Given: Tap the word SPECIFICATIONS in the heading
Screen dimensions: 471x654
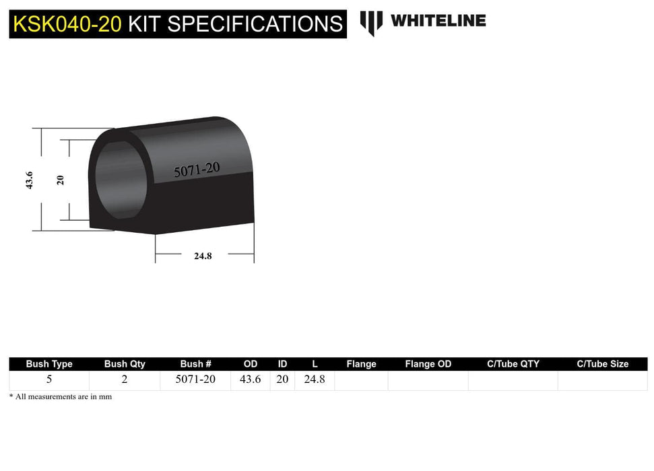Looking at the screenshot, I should tap(255, 24).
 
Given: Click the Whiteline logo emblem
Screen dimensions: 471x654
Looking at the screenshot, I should tap(371, 22).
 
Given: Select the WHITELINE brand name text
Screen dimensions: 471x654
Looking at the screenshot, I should tap(438, 21).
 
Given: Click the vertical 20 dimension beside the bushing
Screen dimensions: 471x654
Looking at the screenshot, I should tap(60, 180).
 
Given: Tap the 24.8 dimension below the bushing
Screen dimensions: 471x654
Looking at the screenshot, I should tap(202, 256).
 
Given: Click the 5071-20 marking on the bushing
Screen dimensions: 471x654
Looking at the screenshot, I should tap(197, 170).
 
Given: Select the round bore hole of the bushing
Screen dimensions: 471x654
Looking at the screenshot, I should tap(121, 180).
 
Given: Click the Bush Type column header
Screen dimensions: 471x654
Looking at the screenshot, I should tap(49, 364).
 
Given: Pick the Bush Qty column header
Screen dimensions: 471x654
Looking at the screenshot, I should tap(125, 364).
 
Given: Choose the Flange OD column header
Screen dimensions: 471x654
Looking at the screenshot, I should tap(428, 364).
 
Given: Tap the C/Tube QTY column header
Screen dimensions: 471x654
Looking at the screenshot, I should tap(513, 364).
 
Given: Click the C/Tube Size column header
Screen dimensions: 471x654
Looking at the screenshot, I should tap(603, 364).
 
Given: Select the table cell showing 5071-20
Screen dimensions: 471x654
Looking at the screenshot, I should tap(195, 379).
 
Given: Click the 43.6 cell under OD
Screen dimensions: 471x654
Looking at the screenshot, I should tap(251, 379).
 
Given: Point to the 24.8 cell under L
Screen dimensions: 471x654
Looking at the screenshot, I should tap(315, 379).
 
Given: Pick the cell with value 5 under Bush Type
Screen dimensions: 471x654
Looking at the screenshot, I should tap(49, 379).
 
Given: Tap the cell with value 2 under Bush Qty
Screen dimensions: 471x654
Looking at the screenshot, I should tap(125, 379).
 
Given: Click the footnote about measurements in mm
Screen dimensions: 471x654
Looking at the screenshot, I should tap(61, 397).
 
